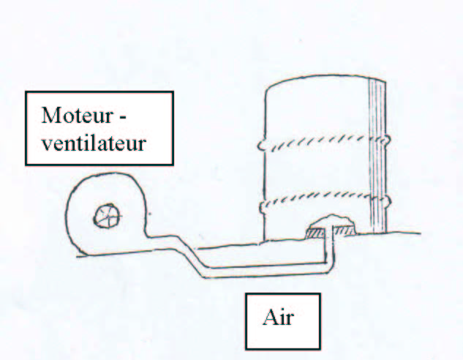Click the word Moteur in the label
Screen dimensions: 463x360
(77, 115)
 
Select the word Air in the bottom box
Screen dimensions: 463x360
(278, 318)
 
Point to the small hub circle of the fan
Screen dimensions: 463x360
(108, 216)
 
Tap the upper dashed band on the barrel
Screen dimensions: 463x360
(324, 143)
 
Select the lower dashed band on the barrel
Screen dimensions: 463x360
(325, 200)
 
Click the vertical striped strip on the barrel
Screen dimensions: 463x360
(377, 157)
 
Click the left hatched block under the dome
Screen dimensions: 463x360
(315, 233)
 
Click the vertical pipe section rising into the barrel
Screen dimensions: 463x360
(328, 245)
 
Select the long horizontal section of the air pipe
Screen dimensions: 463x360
(267, 270)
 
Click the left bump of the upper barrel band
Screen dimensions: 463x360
(261, 145)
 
